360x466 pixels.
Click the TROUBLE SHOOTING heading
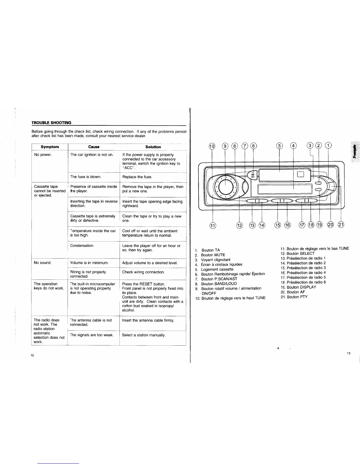pyautogui.click(x=51, y=123)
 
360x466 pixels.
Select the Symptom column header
pyautogui.click(x=50, y=147)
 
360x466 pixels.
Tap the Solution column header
pyautogui.click(x=153, y=147)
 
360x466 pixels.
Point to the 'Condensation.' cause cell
pyautogui.click(x=82, y=246)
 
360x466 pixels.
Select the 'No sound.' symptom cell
pyautogui.click(x=43, y=263)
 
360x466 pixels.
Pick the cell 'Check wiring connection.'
pyautogui.click(x=143, y=272)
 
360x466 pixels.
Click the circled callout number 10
pyautogui.click(x=212, y=146)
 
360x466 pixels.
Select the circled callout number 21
pyautogui.click(x=341, y=225)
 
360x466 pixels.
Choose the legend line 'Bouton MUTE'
pyautogui.click(x=213, y=255)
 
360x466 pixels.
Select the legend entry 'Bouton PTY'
pyautogui.click(x=297, y=297)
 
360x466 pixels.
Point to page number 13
pyautogui.click(x=349, y=353)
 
